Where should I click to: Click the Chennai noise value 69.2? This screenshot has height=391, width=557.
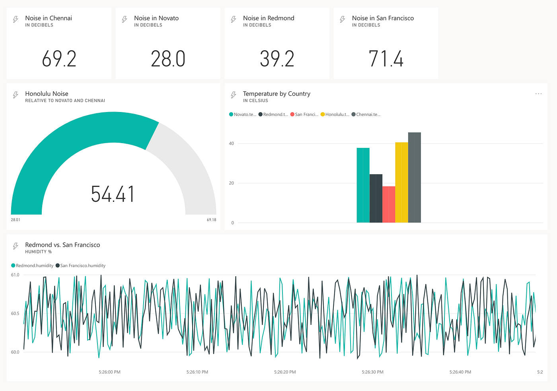click(59, 59)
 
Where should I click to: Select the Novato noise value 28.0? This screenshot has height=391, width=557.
click(168, 59)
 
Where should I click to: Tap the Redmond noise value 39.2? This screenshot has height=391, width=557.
click(277, 59)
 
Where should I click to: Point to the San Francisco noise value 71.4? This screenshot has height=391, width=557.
click(386, 59)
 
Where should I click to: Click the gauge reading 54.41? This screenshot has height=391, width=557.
click(113, 194)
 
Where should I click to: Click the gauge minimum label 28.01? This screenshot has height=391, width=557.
click(16, 220)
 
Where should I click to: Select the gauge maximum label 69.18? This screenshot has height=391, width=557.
click(211, 220)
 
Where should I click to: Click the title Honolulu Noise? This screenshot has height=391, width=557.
click(47, 94)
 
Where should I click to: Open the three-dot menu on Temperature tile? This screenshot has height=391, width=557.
click(538, 94)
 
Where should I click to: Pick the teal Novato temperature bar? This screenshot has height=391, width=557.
click(363, 185)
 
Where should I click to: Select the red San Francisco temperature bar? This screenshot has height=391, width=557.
click(389, 204)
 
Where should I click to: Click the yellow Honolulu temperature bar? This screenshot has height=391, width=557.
click(401, 182)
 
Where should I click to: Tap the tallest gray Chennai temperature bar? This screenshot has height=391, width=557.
click(414, 177)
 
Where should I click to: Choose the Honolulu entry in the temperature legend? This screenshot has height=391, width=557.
click(335, 114)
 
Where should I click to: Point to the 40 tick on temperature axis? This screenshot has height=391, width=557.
click(231, 143)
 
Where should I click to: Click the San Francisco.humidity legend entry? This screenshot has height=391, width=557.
click(82, 265)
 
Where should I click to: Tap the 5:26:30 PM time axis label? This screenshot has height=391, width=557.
click(372, 372)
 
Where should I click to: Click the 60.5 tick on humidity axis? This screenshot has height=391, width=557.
click(15, 314)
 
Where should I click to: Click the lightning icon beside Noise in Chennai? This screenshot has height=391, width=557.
click(16, 19)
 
